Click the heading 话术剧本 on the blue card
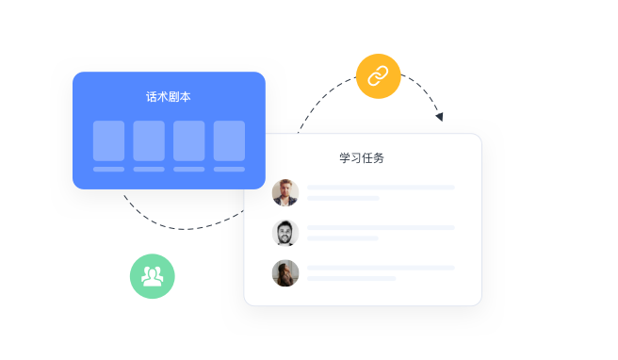tap(169, 96)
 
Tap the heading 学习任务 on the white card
tap(362, 157)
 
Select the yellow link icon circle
tap(378, 76)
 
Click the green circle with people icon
tap(152, 276)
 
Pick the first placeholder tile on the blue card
tap(108, 140)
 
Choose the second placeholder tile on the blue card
tap(149, 140)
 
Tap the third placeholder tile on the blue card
tap(188, 140)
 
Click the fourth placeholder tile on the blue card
tap(229, 140)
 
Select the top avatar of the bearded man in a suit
tap(285, 192)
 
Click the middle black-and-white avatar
tap(285, 233)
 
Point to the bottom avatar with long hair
tap(285, 273)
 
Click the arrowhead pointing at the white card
tap(439, 116)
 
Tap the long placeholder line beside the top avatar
tap(381, 188)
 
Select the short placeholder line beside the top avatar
tap(343, 198)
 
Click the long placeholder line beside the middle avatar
tap(381, 228)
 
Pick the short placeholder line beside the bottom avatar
tap(351, 278)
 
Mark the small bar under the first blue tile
tap(108, 170)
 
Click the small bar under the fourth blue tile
tap(229, 170)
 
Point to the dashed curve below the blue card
tap(179, 227)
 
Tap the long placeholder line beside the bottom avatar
tap(381, 268)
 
